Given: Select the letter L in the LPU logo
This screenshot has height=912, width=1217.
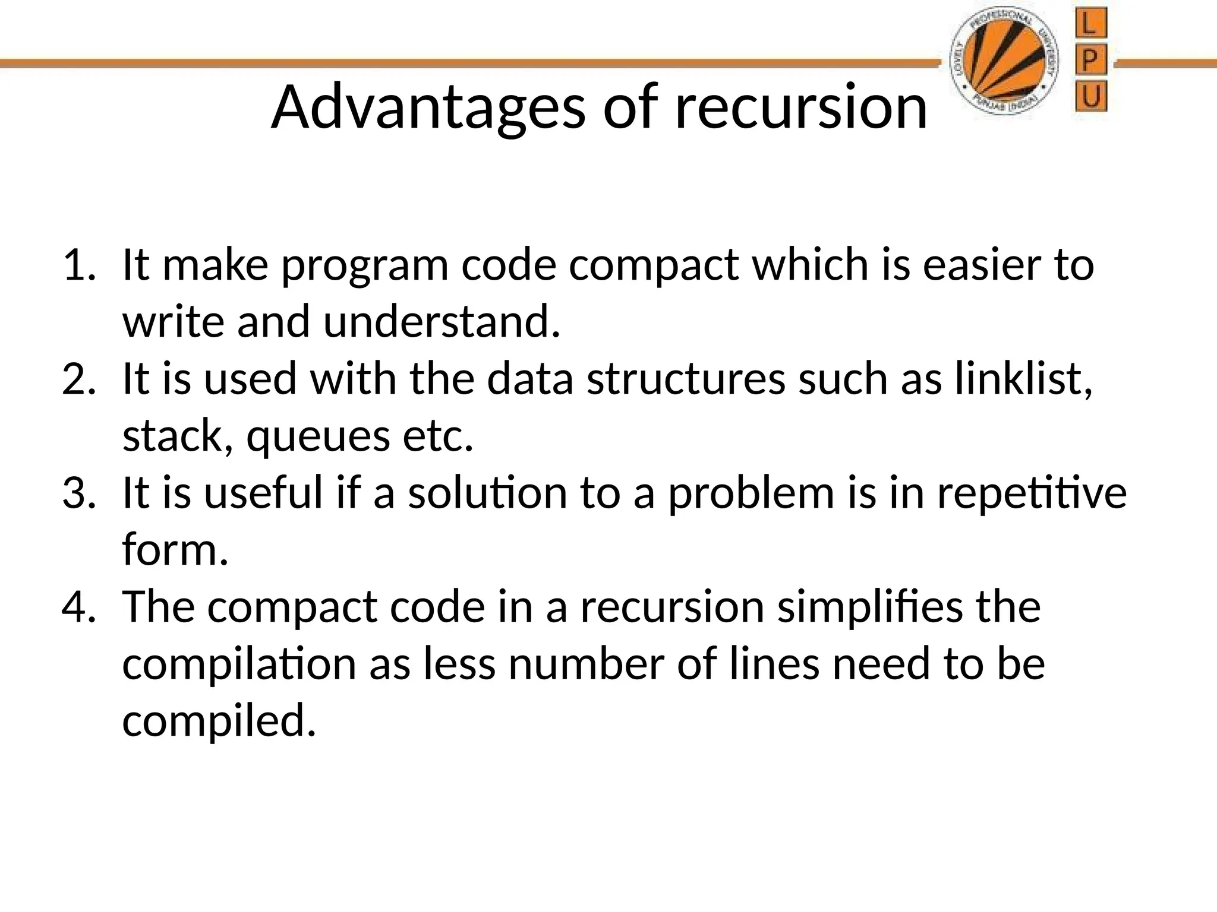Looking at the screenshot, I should (1090, 26).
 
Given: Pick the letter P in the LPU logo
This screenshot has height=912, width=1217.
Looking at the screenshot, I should (1090, 61).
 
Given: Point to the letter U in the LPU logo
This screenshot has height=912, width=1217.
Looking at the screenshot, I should (1091, 96).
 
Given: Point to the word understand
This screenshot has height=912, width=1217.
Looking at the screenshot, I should (442, 322).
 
